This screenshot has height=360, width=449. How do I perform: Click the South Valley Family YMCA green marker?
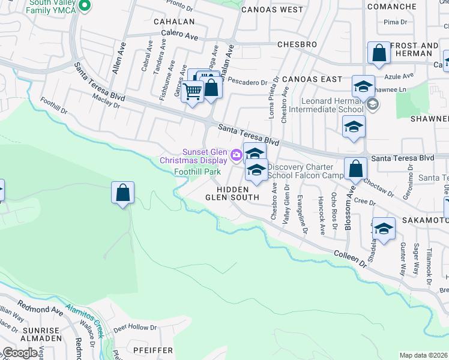85,7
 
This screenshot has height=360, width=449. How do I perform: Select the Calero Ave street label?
179,36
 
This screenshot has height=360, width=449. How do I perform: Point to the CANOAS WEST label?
272,10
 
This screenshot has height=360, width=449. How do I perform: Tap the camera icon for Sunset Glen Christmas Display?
236,155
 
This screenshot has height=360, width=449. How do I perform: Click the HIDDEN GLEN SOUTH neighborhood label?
232,193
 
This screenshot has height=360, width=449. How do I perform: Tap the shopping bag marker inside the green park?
122,193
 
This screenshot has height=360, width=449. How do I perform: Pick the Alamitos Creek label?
85,318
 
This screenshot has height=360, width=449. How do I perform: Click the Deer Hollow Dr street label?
134,328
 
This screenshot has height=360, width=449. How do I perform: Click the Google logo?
20,353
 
